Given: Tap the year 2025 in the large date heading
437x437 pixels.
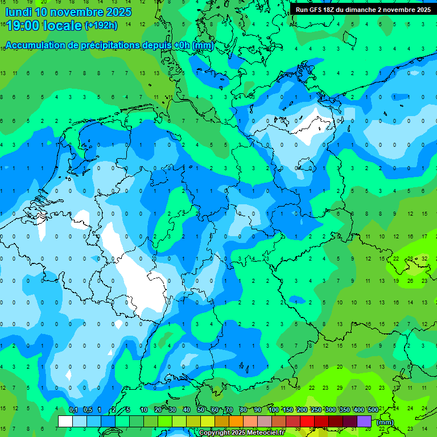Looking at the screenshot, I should pyautogui.click(x=115, y=12).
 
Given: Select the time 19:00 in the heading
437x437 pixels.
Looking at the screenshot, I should pyautogui.click(x=26, y=26).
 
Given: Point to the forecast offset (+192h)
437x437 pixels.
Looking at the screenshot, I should pyautogui.click(x=101, y=26).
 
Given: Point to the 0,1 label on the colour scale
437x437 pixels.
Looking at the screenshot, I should pyautogui.click(x=73, y=410).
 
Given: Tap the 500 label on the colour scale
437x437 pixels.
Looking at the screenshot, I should pyautogui.click(x=373, y=410).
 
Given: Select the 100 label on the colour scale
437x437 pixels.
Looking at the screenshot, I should pyautogui.click(x=273, y=410).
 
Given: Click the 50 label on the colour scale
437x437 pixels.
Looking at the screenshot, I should pyautogui.click(x=201, y=410).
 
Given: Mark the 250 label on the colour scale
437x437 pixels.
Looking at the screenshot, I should pyautogui.click(x=316, y=410).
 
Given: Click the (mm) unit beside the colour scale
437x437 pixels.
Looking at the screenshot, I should pyautogui.click(x=385, y=422).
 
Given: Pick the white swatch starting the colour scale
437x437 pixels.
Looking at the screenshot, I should pyautogui.click(x=65, y=421).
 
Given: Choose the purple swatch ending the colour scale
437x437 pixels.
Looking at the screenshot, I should pyautogui.click(x=364, y=421).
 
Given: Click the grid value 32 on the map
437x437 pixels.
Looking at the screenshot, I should pyautogui.click(x=424, y=259).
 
